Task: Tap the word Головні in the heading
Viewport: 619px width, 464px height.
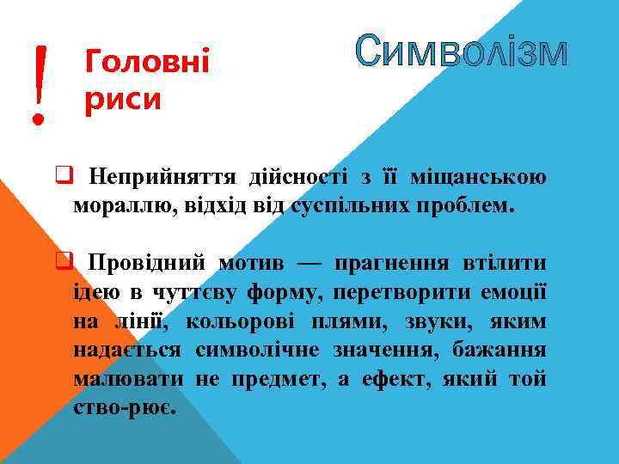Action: (x=149, y=62)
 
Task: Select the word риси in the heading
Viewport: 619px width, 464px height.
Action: (x=124, y=100)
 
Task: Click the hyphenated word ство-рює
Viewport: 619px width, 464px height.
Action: (x=126, y=408)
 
